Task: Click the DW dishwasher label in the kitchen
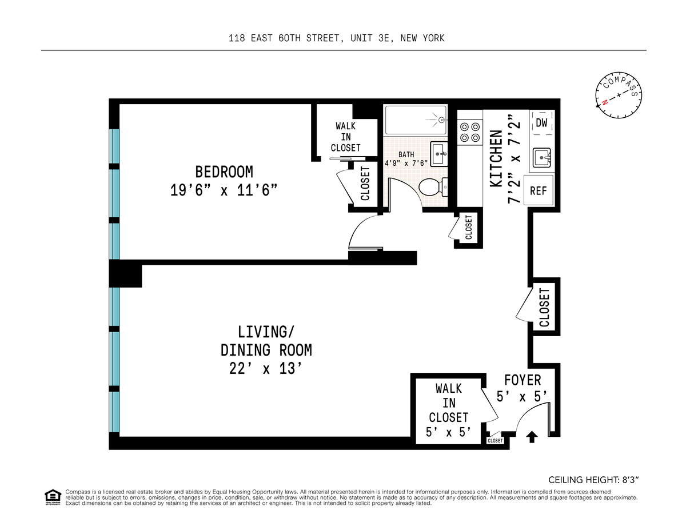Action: click(541, 123)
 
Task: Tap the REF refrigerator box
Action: click(539, 190)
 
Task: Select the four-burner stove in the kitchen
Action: click(470, 132)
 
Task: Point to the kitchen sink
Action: click(542, 158)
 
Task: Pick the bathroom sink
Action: click(439, 154)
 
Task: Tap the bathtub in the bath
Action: click(416, 120)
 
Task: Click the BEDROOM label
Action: click(224, 172)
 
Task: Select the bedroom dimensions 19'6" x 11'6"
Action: click(224, 190)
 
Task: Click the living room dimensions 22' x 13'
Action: click(266, 368)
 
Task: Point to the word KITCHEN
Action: click(496, 158)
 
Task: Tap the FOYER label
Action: click(523, 380)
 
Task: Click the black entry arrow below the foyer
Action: click(532, 437)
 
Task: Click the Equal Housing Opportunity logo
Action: click(53, 497)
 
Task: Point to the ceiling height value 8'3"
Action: click(630, 480)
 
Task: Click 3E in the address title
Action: click(384, 38)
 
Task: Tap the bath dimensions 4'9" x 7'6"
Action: click(406, 163)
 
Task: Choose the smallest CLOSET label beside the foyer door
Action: click(495, 440)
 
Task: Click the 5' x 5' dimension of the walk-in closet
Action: click(448, 432)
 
